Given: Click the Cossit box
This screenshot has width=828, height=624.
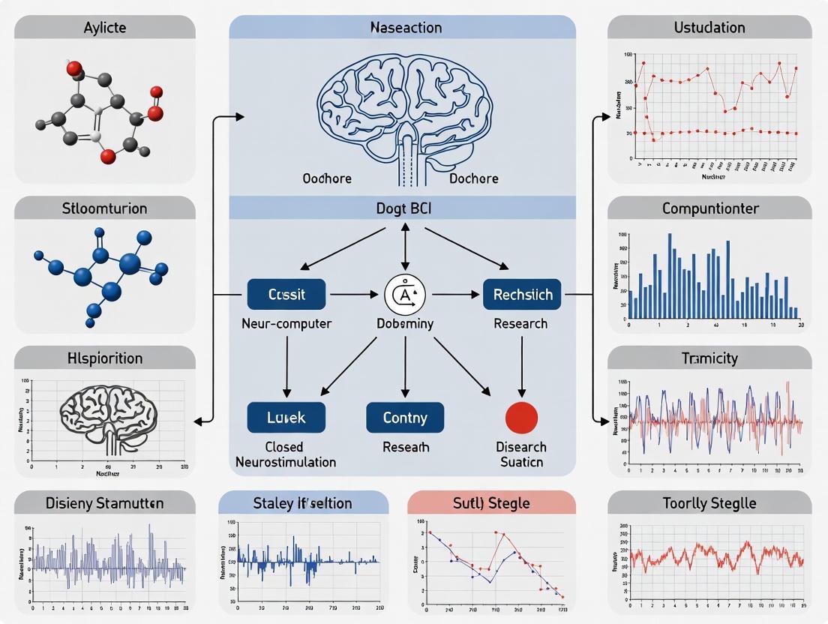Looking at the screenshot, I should coord(286,295).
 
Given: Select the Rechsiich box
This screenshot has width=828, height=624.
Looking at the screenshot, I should coord(522,295).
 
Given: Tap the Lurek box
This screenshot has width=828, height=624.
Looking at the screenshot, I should coord(286,417).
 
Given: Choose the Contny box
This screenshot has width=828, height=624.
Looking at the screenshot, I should coord(405,417).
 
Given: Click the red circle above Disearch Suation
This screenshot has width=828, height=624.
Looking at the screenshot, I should coord(522,416).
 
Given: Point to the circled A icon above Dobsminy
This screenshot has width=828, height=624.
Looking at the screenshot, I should coord(405,295).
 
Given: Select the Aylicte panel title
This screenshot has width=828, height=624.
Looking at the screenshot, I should coord(104,28).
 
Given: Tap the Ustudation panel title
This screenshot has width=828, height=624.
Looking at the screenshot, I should coord(709,28).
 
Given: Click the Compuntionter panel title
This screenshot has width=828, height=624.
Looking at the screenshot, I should coord(709,208).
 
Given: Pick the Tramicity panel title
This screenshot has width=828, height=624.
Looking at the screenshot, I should coord(709,358).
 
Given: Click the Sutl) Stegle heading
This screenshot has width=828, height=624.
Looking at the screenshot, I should coord(491,502).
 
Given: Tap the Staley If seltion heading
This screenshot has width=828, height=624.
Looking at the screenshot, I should coord(303,502).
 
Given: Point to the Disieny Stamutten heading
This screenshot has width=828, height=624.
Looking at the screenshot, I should coord(104,502).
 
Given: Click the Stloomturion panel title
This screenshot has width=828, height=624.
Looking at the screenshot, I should coord(104,208).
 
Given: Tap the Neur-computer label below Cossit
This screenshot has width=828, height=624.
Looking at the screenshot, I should coord(286,324).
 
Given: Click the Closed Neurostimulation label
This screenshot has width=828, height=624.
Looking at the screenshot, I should coord(286,454).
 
